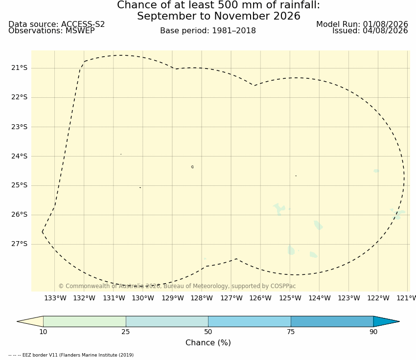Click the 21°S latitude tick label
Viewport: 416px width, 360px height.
click(19, 68)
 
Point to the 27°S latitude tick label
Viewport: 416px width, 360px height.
click(19, 244)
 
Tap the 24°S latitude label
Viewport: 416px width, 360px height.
click(19, 156)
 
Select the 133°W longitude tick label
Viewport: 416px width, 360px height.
click(55, 298)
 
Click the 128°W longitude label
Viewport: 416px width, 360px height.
click(202, 298)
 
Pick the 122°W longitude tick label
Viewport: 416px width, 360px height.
click(378, 298)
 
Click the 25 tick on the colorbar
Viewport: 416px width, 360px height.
click(126, 332)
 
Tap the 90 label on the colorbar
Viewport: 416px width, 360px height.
click(373, 332)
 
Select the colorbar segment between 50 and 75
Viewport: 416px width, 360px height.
click(250, 321)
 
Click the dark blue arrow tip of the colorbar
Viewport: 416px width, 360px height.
click(399, 321)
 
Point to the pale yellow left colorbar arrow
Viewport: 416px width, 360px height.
click(30, 321)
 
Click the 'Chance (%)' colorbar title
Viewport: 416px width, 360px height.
click(208, 342)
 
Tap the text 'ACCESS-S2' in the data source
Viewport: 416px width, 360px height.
click(83, 24)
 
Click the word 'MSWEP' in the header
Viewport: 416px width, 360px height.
click(80, 31)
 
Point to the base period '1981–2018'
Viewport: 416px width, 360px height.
click(234, 31)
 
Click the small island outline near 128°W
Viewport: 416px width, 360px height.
click(192, 167)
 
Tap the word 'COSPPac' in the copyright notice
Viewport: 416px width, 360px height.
click(283, 286)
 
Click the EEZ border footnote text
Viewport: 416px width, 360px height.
click(71, 355)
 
